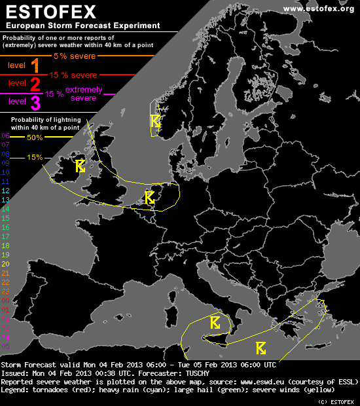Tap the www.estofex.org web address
point(319,8)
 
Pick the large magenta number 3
point(35,101)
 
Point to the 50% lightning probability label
point(35,138)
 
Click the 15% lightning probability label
point(35,157)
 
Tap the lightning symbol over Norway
point(155,120)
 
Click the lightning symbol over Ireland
point(80,166)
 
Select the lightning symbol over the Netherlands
point(149,196)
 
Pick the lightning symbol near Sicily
point(215,322)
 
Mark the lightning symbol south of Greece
point(261,347)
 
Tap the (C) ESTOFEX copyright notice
point(336,401)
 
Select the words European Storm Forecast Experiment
point(82,26)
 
